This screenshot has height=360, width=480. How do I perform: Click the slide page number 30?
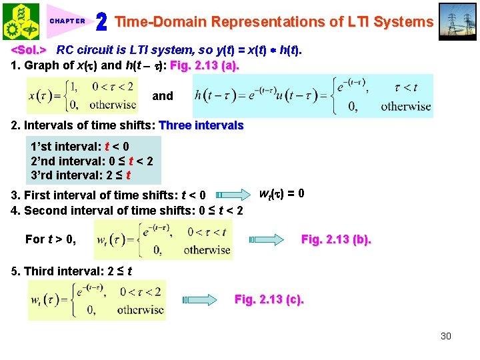[446, 336]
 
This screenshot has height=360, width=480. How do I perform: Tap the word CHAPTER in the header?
[67, 21]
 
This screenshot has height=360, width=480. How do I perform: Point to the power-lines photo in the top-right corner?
[458, 21]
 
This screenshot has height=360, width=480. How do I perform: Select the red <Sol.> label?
[28, 50]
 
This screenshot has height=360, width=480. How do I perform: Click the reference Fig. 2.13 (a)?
[205, 66]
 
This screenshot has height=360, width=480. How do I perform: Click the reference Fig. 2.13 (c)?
[269, 299]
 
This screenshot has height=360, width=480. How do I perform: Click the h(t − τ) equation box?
[313, 95]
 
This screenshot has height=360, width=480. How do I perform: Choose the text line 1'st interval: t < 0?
[80, 147]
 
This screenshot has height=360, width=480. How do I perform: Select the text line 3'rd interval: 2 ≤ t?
[81, 176]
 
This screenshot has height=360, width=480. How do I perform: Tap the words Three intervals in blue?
[201, 125]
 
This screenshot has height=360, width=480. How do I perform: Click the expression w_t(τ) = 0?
[282, 194]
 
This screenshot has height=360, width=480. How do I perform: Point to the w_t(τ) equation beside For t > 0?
[163, 239]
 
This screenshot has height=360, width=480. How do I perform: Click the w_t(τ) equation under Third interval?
[97, 300]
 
